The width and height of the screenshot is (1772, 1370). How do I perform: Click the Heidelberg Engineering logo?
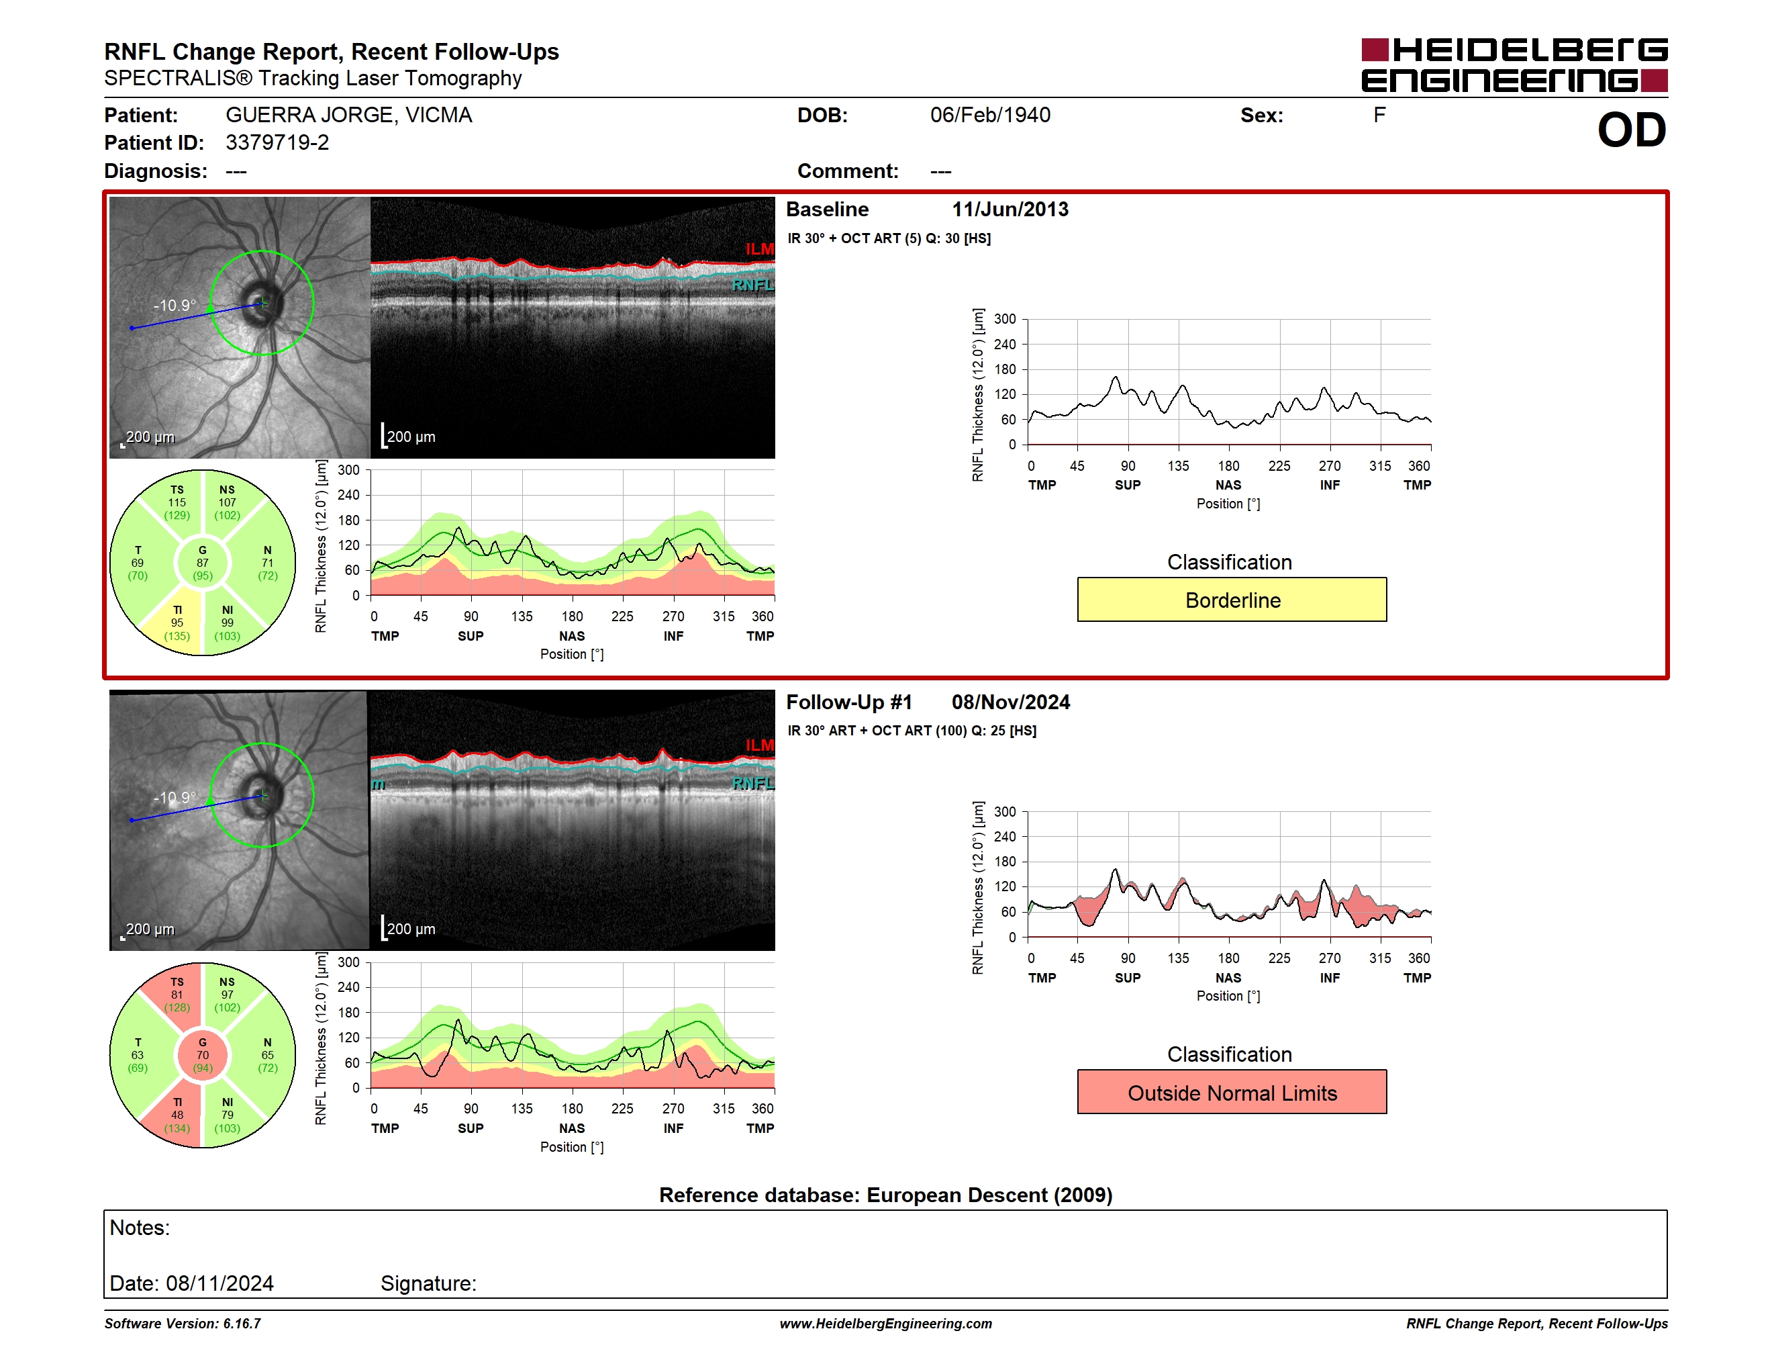[1514, 65]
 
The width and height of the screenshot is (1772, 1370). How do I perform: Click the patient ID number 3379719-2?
[277, 143]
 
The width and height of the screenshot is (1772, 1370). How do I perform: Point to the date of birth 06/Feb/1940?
[990, 116]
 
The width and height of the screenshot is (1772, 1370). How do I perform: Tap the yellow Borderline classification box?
[1232, 600]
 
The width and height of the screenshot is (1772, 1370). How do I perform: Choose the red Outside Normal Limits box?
[1232, 1093]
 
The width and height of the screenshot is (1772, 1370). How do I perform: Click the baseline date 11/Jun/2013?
[1010, 210]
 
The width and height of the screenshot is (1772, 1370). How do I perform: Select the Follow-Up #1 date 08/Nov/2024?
[1011, 702]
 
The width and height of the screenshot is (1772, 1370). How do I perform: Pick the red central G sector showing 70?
[203, 1055]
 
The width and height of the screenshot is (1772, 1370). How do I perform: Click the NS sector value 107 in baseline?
[227, 502]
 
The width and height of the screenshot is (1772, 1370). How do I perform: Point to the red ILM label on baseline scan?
[759, 249]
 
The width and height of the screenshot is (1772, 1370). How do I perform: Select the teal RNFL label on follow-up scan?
[753, 783]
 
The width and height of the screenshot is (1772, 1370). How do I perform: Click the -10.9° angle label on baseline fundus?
[175, 305]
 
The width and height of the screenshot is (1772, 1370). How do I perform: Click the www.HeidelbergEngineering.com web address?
[885, 1323]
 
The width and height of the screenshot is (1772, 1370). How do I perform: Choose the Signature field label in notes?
[428, 1283]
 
